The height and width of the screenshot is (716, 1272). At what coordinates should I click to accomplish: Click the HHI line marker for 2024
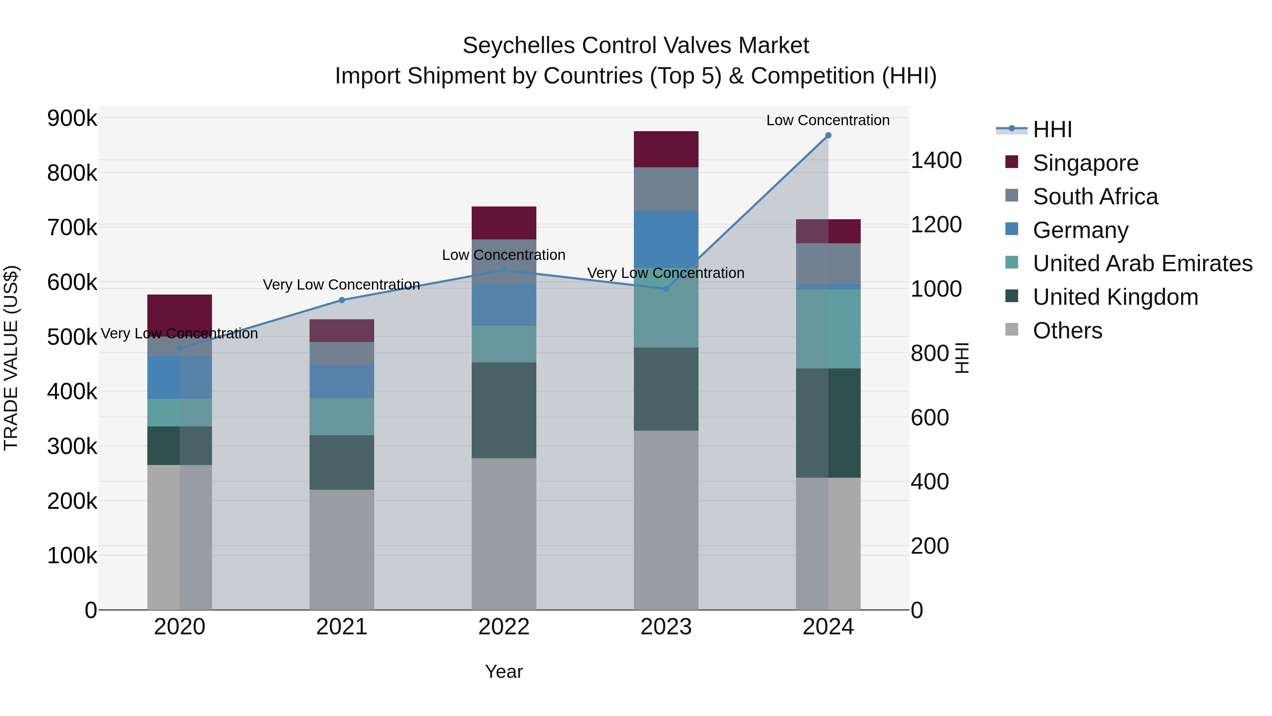click(x=828, y=135)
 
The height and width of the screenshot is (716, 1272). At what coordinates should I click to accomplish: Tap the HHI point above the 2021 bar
click(x=342, y=300)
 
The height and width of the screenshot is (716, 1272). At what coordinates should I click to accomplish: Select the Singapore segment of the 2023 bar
click(x=666, y=149)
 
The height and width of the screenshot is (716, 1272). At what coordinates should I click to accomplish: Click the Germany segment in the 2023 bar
click(x=666, y=239)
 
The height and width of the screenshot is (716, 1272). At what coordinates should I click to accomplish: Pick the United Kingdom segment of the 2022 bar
click(x=503, y=410)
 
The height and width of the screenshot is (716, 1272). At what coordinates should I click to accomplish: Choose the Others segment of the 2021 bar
click(x=342, y=549)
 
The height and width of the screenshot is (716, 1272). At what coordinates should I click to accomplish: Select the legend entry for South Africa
click(x=1095, y=197)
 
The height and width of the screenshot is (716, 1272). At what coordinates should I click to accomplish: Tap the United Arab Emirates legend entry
click(x=1142, y=263)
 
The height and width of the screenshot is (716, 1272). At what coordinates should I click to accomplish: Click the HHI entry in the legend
click(x=1052, y=129)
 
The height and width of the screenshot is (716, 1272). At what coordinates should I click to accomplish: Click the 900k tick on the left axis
click(x=72, y=118)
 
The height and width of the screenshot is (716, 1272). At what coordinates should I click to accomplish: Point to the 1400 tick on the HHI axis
click(x=936, y=161)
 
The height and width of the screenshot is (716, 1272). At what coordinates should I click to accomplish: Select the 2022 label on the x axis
click(x=503, y=627)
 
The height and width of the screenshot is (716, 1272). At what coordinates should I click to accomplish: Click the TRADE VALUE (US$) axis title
click(x=11, y=358)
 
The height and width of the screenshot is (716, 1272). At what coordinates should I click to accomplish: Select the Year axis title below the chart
click(x=503, y=671)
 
